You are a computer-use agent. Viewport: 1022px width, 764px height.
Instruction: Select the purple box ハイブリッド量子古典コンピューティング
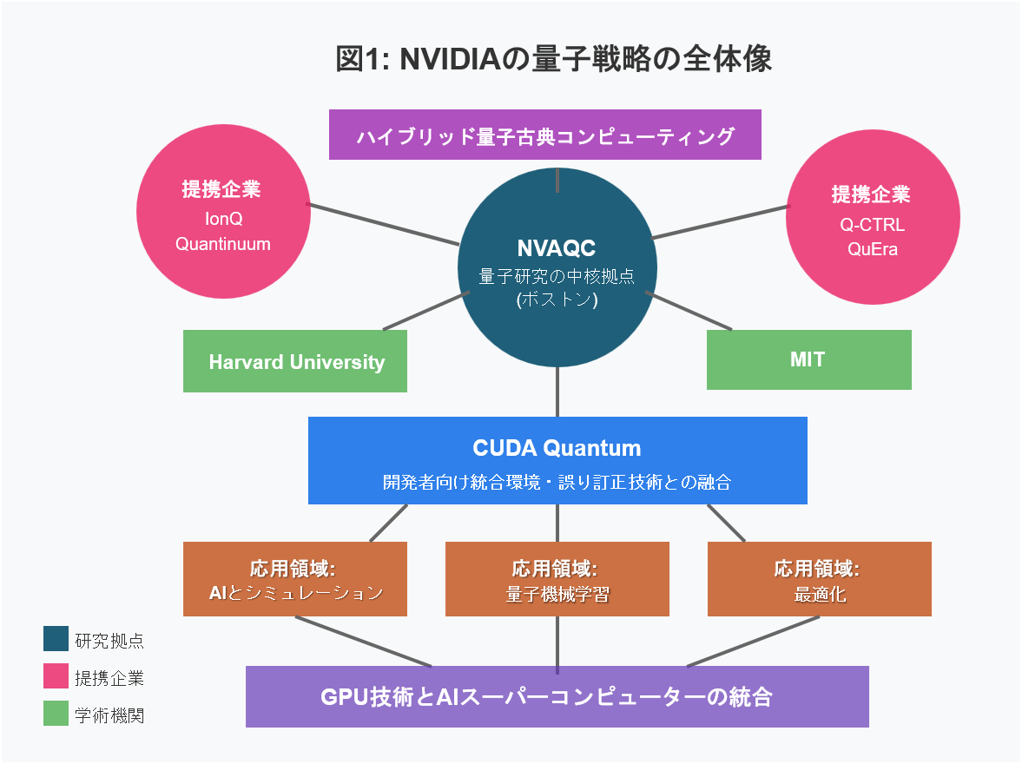[545, 135]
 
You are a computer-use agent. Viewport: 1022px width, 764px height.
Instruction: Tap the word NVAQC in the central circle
[557, 248]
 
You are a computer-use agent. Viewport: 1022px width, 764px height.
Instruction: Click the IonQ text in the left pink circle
[223, 218]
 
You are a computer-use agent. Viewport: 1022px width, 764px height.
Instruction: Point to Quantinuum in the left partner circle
[223, 244]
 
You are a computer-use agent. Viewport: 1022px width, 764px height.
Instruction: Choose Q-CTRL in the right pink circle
[873, 225]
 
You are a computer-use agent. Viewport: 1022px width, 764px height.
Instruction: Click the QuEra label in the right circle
[873, 250]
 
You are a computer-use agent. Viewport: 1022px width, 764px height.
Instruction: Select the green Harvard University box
[296, 362]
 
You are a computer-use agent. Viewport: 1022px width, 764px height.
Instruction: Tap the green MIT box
[808, 359]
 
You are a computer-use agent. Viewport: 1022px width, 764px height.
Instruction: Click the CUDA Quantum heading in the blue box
[557, 448]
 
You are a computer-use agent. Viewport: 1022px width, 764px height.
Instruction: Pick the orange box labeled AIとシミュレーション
[295, 580]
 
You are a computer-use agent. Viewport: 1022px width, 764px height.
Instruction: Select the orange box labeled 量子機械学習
[557, 580]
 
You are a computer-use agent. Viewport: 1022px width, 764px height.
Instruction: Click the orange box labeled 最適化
[819, 580]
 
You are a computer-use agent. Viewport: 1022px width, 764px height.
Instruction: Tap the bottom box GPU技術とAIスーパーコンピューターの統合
[557, 696]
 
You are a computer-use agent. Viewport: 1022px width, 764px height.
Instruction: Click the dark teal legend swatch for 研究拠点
[56, 639]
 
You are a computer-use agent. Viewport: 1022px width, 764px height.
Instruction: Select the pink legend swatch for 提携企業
[56, 676]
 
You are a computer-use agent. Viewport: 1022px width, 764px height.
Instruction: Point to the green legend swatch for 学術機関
[56, 714]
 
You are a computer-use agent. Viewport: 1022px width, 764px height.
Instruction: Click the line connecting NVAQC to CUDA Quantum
[557, 392]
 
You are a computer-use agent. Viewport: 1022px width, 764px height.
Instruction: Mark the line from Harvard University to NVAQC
[425, 311]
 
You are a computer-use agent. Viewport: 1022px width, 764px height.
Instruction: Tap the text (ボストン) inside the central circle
[557, 300]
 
